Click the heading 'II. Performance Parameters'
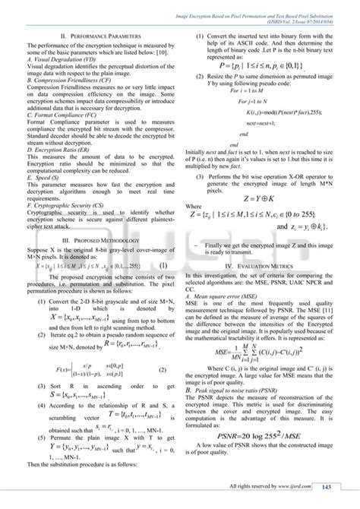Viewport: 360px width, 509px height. pyautogui.click(x=92, y=36)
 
